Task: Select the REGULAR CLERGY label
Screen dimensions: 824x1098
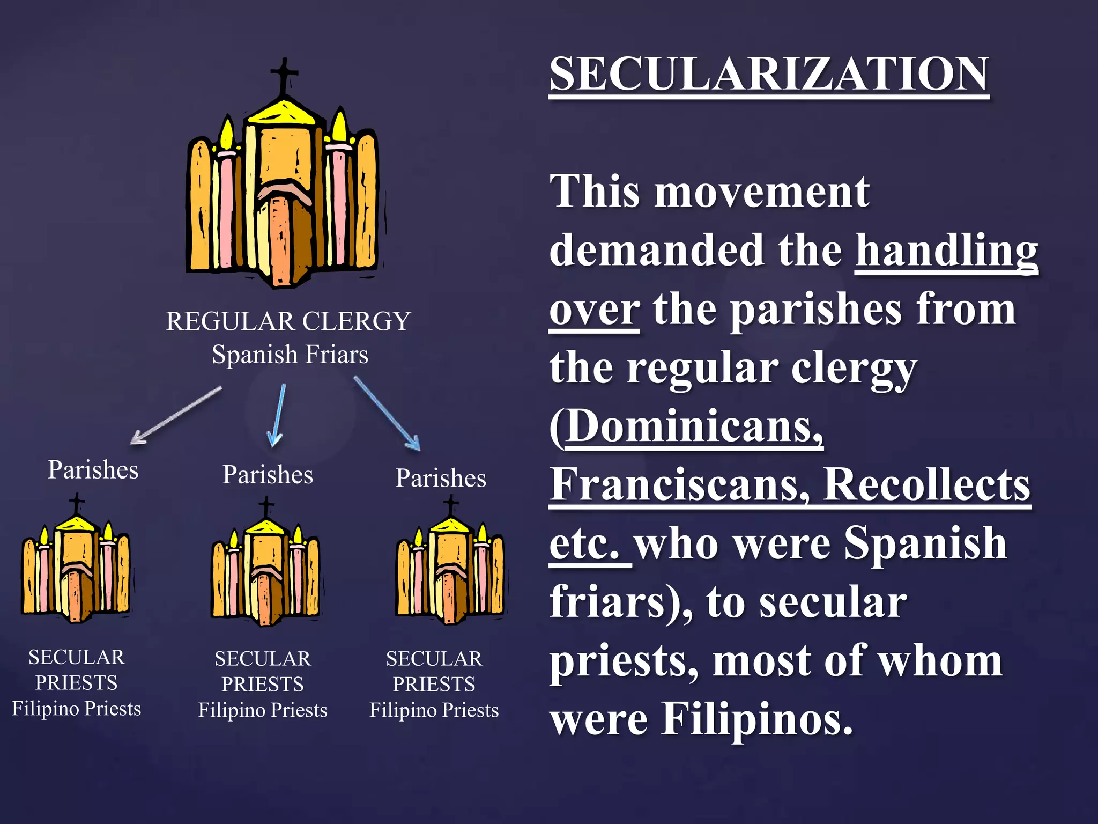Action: pyautogui.click(x=288, y=321)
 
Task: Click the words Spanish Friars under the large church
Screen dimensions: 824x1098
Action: pyautogui.click(x=290, y=355)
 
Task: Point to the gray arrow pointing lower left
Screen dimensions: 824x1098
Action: pyautogui.click(x=176, y=415)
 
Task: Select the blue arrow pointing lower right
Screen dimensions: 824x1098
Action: pyautogui.click(x=386, y=413)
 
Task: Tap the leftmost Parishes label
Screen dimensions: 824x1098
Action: pyautogui.click(x=93, y=470)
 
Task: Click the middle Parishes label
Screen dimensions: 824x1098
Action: pyautogui.click(x=268, y=475)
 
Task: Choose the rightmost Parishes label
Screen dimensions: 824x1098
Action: pyautogui.click(x=441, y=478)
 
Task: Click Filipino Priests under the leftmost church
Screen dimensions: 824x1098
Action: pyautogui.click(x=77, y=709)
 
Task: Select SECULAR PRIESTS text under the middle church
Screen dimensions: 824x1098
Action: pyautogui.click(x=263, y=671)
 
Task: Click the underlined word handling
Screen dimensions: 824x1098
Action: pyautogui.click(x=946, y=251)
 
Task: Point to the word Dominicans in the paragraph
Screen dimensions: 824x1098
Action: pyautogui.click(x=694, y=426)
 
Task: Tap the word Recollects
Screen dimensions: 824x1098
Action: pyautogui.click(x=926, y=484)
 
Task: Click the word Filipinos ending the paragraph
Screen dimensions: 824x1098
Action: pyautogui.click(x=756, y=719)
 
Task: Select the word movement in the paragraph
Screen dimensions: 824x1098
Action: pyautogui.click(x=761, y=192)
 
